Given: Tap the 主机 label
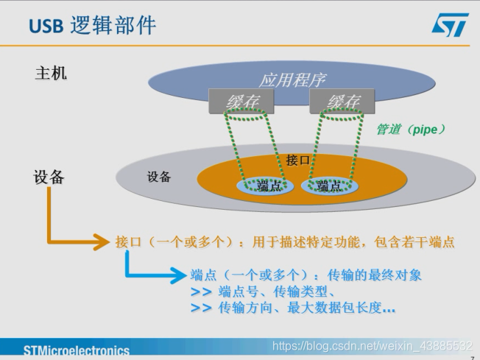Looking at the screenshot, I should click(51, 74).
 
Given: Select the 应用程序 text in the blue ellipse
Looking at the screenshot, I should click(292, 80).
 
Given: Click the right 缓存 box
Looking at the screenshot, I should click(343, 102).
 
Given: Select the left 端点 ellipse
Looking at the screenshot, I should click(264, 186).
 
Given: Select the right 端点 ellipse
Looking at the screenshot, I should click(328, 186).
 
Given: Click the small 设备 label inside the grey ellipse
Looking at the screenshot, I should click(159, 177).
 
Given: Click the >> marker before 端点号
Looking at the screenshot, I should click(201, 292).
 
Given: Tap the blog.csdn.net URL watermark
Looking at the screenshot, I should click(371, 345).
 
